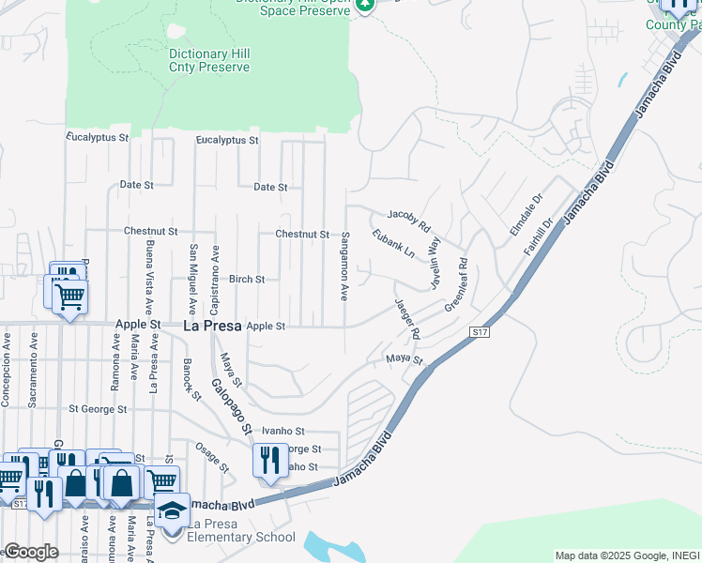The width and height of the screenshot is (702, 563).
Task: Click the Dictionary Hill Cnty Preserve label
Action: click(208, 61)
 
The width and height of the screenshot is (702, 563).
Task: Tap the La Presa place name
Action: click(210, 327)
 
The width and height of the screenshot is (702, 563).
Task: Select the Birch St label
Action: click(247, 280)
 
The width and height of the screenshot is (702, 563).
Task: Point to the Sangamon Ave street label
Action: click(345, 266)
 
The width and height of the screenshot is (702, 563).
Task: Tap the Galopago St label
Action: click(232, 406)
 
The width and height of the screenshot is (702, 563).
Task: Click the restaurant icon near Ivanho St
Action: click(269, 460)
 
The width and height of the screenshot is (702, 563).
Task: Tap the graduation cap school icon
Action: click(172, 510)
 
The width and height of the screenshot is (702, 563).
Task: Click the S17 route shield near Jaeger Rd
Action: click(480, 332)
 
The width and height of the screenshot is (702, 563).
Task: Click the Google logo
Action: click(31, 552)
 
